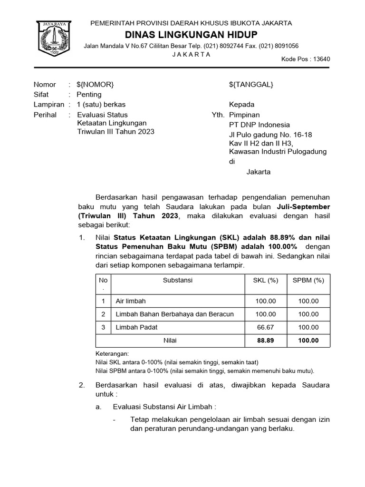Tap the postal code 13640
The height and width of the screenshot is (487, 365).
(x=321, y=59)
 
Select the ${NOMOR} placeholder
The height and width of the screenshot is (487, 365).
(x=95, y=85)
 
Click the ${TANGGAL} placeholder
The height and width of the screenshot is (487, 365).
(x=251, y=85)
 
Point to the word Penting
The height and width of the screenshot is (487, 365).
(x=89, y=95)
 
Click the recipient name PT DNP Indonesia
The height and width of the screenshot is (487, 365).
(x=259, y=125)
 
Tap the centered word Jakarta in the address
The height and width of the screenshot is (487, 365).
(x=258, y=172)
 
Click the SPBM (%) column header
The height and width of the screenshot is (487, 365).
(x=308, y=281)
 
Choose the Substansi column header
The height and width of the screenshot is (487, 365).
(x=178, y=281)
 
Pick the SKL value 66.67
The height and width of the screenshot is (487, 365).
(x=266, y=327)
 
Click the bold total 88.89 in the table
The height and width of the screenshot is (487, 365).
(x=266, y=341)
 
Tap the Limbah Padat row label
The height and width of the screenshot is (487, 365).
(x=136, y=327)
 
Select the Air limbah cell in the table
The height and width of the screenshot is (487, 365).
(x=131, y=301)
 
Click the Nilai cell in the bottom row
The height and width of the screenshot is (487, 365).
(x=170, y=341)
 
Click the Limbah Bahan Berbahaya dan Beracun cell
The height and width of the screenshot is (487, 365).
(x=174, y=314)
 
